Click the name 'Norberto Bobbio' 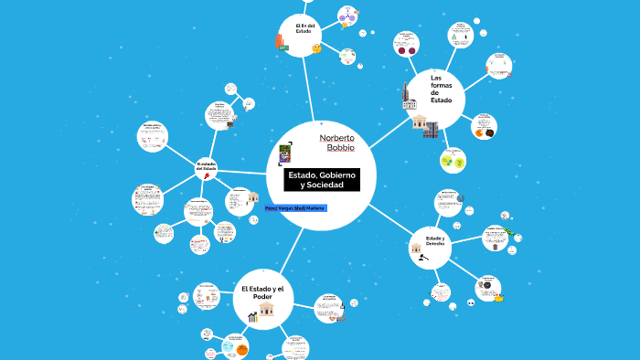tap(336, 142)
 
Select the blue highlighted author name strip tap(294, 208)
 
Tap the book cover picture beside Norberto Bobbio tap(285, 151)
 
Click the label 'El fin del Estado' tap(304, 28)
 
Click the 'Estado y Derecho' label tap(434, 240)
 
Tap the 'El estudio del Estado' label tap(207, 167)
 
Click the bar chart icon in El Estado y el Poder tap(251, 316)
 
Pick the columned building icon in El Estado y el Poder tap(267, 310)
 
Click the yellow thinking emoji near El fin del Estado tap(316, 48)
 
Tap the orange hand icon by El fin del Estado tap(280, 41)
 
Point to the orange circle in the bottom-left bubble tap(242, 349)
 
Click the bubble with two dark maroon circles tap(405, 44)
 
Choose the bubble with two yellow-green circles tap(452, 162)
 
